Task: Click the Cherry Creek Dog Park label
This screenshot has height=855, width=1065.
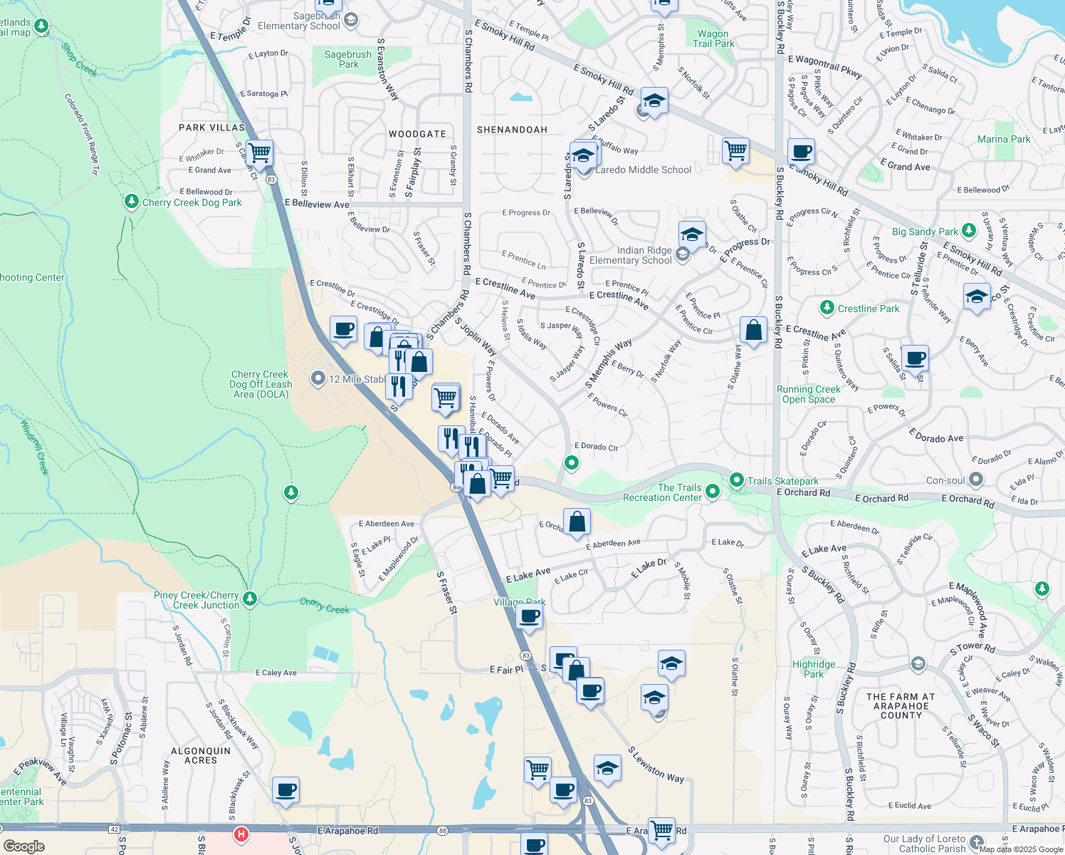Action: click(192, 202)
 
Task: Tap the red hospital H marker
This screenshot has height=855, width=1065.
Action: click(241, 834)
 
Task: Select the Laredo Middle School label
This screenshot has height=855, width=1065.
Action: click(643, 170)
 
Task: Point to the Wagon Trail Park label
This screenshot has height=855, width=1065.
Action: click(713, 38)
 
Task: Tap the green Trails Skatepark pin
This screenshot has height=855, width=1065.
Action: click(737, 481)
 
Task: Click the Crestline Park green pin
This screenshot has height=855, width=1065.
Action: click(827, 308)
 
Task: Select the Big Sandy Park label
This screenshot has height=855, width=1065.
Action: click(925, 232)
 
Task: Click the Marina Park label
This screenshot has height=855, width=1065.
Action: click(1004, 139)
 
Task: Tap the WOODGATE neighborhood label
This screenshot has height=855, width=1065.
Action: click(417, 134)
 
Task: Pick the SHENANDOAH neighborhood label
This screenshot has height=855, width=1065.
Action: click(512, 130)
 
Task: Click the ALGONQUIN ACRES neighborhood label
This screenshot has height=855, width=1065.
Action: click(201, 755)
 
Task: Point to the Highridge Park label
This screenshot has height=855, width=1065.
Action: click(814, 669)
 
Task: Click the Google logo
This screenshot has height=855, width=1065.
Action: click(23, 846)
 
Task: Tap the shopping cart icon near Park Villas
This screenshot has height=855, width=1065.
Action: click(260, 152)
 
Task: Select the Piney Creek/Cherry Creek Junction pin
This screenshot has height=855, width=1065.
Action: click(249, 598)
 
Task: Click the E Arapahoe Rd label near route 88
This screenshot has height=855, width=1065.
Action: click(347, 831)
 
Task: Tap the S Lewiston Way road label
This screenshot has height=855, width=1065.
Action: click(655, 765)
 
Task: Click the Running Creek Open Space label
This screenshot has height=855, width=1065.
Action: click(808, 394)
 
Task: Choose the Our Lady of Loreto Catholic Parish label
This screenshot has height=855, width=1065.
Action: click(924, 844)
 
